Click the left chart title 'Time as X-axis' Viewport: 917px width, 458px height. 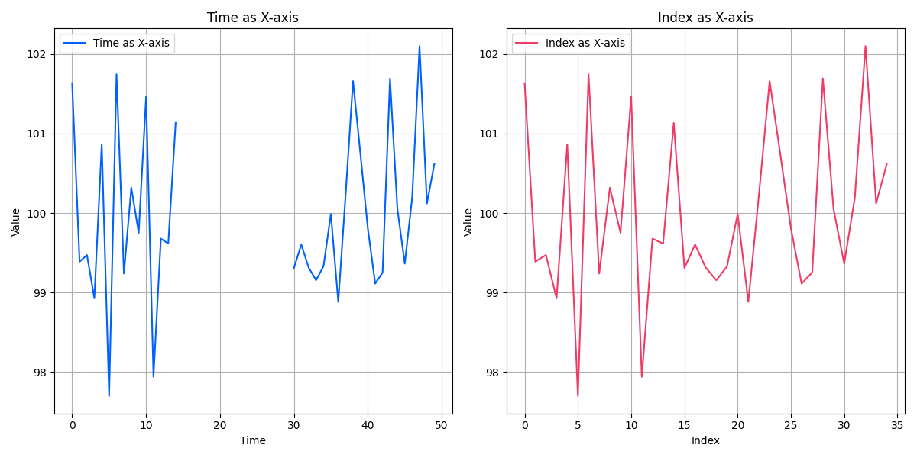[253, 18]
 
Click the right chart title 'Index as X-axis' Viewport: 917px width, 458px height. [705, 18]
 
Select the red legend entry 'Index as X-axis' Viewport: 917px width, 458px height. [585, 44]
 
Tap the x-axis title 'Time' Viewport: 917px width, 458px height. [253, 440]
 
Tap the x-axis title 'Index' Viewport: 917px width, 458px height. [705, 440]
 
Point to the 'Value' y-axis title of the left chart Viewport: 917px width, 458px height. [16, 221]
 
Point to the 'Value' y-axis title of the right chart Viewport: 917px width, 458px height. [468, 221]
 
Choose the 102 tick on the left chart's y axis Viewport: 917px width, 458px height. [38, 54]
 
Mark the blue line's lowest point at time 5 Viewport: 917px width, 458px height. [109, 395]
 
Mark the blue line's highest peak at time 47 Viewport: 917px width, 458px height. [420, 46]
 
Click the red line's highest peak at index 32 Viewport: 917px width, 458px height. [865, 46]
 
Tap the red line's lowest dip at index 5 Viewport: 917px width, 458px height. [578, 395]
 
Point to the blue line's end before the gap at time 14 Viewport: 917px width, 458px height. [176, 123]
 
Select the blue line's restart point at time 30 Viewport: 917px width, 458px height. [293, 268]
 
